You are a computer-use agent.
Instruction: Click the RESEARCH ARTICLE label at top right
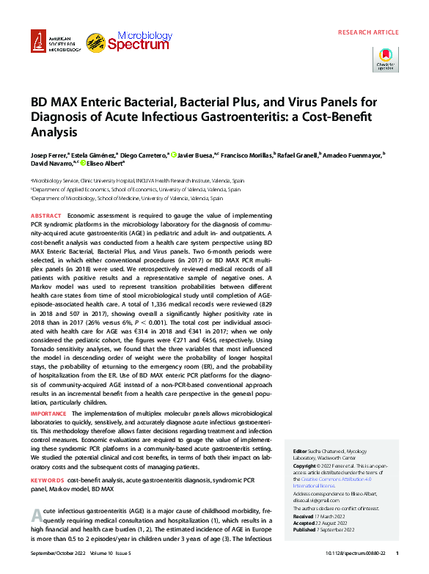coord(368,33)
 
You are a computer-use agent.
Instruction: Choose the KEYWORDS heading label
coord(48,479)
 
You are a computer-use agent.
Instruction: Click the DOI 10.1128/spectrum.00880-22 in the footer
coord(351,553)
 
